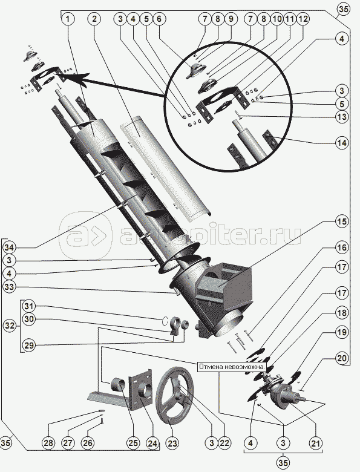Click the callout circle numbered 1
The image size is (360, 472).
(68, 19)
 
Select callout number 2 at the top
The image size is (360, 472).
(94, 19)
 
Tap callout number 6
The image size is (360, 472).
(159, 19)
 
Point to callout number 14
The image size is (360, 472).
(342, 143)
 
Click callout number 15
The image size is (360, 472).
(342, 221)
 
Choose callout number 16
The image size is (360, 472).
(342, 247)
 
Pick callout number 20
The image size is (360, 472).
(342, 358)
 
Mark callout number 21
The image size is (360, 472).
(316, 443)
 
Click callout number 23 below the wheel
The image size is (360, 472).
(172, 443)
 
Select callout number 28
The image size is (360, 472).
(49, 443)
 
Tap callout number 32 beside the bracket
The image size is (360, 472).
(10, 326)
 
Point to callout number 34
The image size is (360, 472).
(10, 247)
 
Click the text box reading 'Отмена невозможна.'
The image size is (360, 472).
(232, 367)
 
